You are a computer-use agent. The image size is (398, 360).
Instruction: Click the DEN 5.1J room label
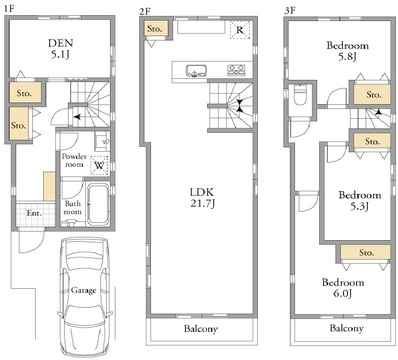(60, 49)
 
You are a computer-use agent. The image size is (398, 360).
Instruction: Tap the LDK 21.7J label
(202, 198)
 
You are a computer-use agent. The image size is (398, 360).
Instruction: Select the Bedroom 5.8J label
(347, 51)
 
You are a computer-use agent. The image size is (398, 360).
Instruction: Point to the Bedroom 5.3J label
(360, 200)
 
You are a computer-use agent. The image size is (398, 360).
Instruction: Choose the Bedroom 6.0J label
(343, 288)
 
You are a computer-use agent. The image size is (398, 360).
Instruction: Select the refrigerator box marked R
(240, 30)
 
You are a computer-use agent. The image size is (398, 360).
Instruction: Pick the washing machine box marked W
(99, 165)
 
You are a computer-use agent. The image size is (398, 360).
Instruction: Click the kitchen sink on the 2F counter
(196, 71)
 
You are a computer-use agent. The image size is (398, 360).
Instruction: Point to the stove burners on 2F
(236, 70)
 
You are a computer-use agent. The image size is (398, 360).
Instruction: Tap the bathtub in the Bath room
(98, 203)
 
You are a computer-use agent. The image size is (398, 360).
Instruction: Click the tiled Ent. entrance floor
(36, 213)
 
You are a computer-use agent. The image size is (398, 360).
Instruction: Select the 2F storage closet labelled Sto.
(155, 29)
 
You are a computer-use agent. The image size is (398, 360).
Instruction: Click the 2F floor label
(145, 11)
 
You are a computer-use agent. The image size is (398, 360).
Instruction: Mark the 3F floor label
(290, 11)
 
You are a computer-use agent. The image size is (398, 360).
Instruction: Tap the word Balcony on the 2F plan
(201, 329)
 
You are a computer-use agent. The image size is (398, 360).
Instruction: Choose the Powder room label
(74, 160)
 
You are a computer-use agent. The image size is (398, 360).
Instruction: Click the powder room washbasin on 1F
(101, 141)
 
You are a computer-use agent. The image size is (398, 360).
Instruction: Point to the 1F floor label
(9, 9)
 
